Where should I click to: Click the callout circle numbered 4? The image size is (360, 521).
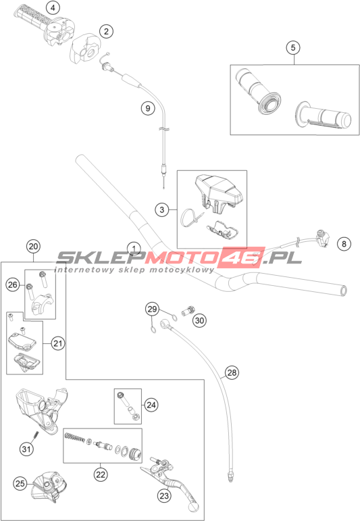[x=53, y=7]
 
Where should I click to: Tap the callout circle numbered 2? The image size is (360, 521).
[x=106, y=32]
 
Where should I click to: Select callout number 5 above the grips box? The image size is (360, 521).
[x=293, y=47]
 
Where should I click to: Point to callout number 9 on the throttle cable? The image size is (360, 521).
[x=148, y=108]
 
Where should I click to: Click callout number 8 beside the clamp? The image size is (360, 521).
[x=344, y=244]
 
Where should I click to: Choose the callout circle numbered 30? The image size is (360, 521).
[x=199, y=320]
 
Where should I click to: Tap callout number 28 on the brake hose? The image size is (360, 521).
[x=232, y=372]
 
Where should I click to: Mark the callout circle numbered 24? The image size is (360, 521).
[x=151, y=405]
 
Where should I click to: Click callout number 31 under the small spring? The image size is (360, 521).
[x=26, y=449]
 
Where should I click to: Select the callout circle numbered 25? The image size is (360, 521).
[x=20, y=483]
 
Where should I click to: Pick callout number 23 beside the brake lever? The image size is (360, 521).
[x=164, y=496]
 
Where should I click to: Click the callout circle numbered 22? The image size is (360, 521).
[x=100, y=474]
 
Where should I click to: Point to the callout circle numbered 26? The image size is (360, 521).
[x=13, y=284]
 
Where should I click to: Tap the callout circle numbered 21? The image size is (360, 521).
[x=58, y=343]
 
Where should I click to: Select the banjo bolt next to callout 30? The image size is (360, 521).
[x=187, y=311]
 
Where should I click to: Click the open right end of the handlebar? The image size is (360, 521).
[x=342, y=291]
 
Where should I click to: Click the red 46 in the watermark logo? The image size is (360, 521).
[x=243, y=257]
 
